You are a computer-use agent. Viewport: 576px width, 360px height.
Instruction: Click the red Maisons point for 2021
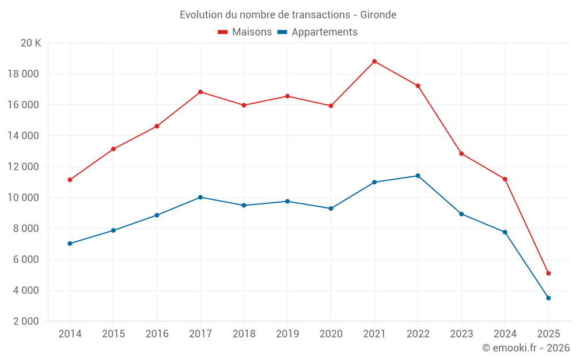(x=374, y=61)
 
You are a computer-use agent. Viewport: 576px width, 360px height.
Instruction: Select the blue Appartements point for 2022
(x=418, y=176)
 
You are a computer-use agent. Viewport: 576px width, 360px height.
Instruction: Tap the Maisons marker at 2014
(x=70, y=180)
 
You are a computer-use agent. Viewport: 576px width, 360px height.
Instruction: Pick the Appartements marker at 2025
(x=548, y=298)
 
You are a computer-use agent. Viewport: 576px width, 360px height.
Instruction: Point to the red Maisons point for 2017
(x=200, y=92)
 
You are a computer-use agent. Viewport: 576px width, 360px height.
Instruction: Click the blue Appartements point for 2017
(x=200, y=197)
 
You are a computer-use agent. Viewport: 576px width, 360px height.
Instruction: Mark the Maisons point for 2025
(x=548, y=273)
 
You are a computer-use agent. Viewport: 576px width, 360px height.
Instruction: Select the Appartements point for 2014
(x=70, y=244)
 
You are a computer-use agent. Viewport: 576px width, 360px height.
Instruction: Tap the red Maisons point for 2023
(x=461, y=154)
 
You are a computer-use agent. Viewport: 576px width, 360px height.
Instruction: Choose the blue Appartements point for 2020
(x=331, y=209)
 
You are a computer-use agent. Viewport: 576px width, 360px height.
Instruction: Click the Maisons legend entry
(x=245, y=32)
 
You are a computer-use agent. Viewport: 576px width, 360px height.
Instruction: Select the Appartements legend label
(x=324, y=32)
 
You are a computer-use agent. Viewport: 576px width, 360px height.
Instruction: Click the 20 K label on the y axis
(x=31, y=43)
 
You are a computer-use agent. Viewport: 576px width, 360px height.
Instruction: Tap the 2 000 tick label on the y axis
(x=25, y=321)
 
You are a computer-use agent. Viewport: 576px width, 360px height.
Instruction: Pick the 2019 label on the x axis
(x=287, y=334)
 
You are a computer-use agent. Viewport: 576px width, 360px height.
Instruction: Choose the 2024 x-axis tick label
(x=505, y=334)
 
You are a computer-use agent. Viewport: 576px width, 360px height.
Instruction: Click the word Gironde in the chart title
(x=378, y=15)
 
